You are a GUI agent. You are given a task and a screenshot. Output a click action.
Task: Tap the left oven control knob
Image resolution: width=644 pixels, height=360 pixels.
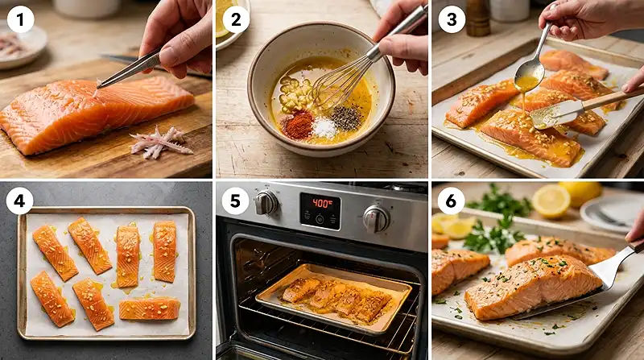pyautogui.click(x=266, y=203)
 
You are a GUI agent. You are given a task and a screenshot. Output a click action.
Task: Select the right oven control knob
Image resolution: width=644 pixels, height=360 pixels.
pyautogui.click(x=375, y=218)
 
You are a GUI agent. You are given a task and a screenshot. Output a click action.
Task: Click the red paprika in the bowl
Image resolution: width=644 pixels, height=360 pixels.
pyautogui.click(x=299, y=124)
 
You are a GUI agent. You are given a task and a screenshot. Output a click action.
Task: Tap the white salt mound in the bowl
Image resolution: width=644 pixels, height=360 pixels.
pyautogui.click(x=324, y=127)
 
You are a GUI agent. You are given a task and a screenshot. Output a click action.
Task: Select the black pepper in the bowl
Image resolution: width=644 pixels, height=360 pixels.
pyautogui.click(x=346, y=118)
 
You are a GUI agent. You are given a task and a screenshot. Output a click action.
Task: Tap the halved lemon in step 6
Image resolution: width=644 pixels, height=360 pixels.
pyautogui.click(x=551, y=201)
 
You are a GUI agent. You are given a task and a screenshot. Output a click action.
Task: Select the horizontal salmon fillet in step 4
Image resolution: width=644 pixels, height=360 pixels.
pyautogui.click(x=150, y=308)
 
